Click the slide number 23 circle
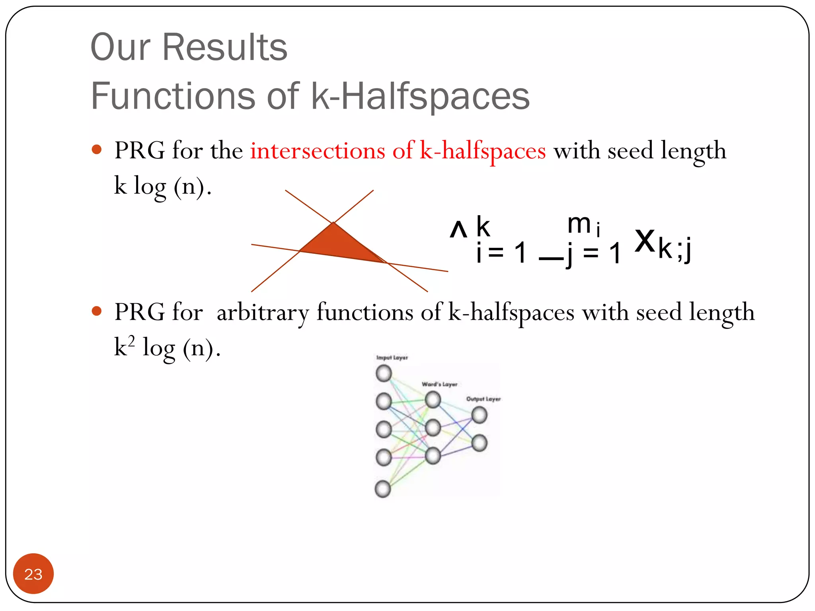[x=33, y=574]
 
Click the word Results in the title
[x=225, y=47]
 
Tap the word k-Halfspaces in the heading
[x=420, y=96]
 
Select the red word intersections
[x=318, y=151]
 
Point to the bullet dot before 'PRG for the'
[x=97, y=150]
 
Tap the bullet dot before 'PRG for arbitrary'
[x=97, y=311]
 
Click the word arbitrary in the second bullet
[x=263, y=312]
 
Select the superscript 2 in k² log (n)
[x=131, y=341]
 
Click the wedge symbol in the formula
[x=458, y=230]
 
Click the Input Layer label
[x=392, y=358]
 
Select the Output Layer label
[x=483, y=399]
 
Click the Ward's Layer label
[x=439, y=384]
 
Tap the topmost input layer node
[x=384, y=373]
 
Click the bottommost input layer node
[x=383, y=489]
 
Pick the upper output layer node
[x=479, y=415]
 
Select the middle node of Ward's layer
[x=433, y=428]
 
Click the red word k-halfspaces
[x=483, y=151]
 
